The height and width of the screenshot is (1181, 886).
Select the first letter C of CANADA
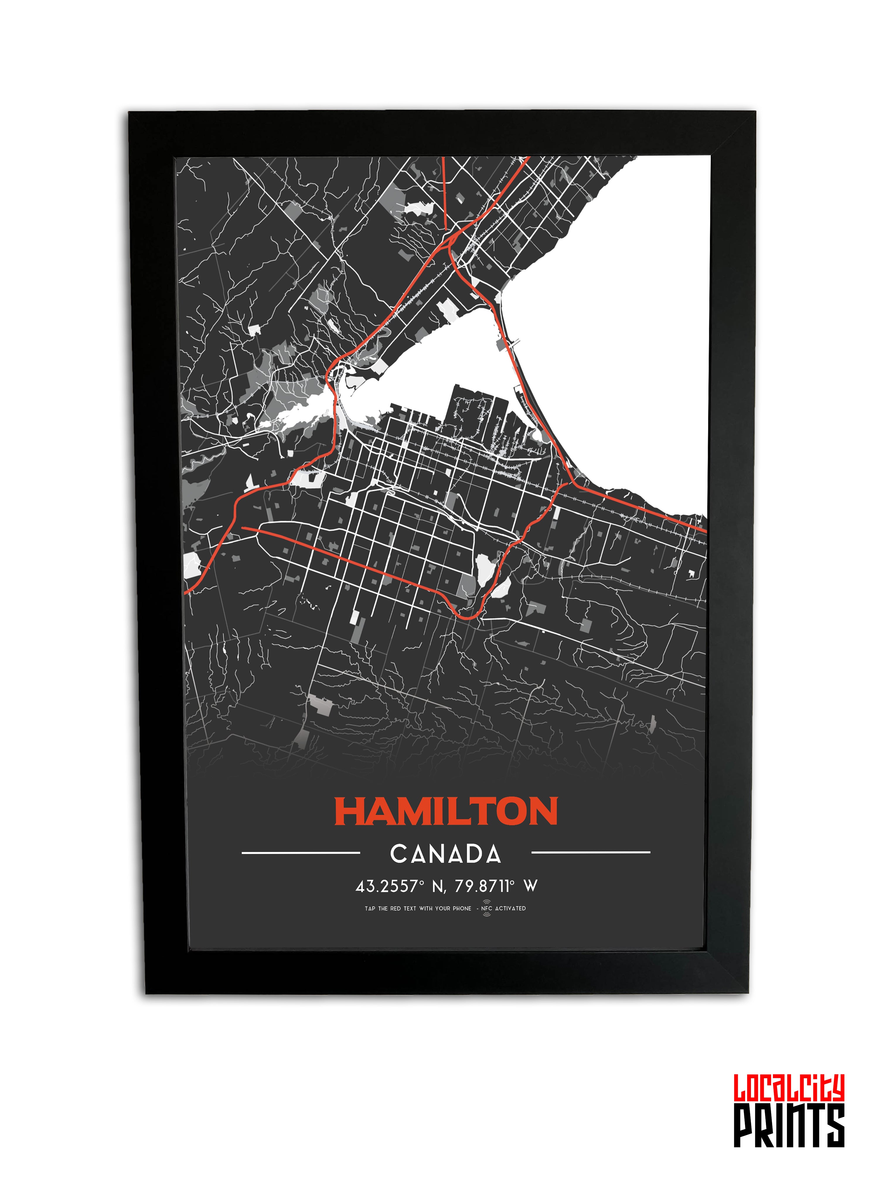click(399, 854)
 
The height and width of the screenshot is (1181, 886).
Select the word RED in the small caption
click(395, 908)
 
